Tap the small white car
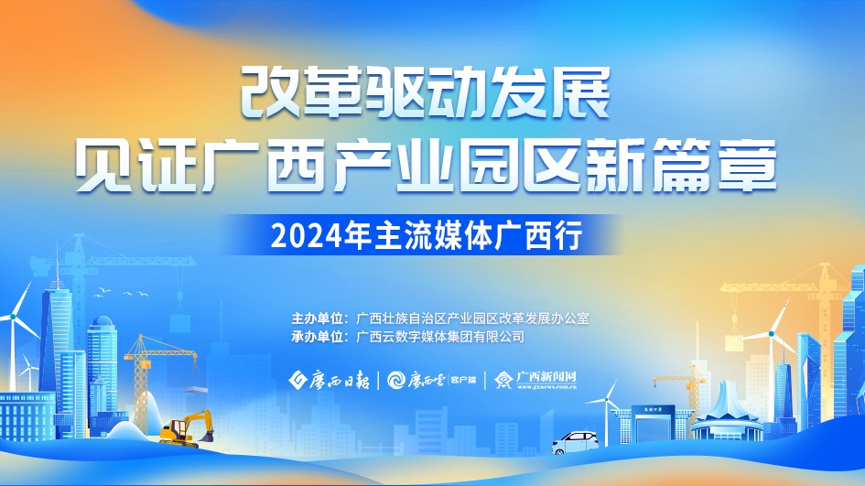(x=575, y=442)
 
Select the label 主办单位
(x=317, y=319)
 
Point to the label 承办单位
(x=317, y=337)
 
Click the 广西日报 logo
(x=330, y=380)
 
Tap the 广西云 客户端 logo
(x=431, y=380)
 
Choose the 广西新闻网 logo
(x=535, y=380)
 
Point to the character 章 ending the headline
(x=746, y=166)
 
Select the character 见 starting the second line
(x=103, y=166)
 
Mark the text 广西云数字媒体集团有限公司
(x=440, y=337)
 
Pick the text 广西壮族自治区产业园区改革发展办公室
(x=472, y=319)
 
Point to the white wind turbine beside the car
(x=606, y=414)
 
